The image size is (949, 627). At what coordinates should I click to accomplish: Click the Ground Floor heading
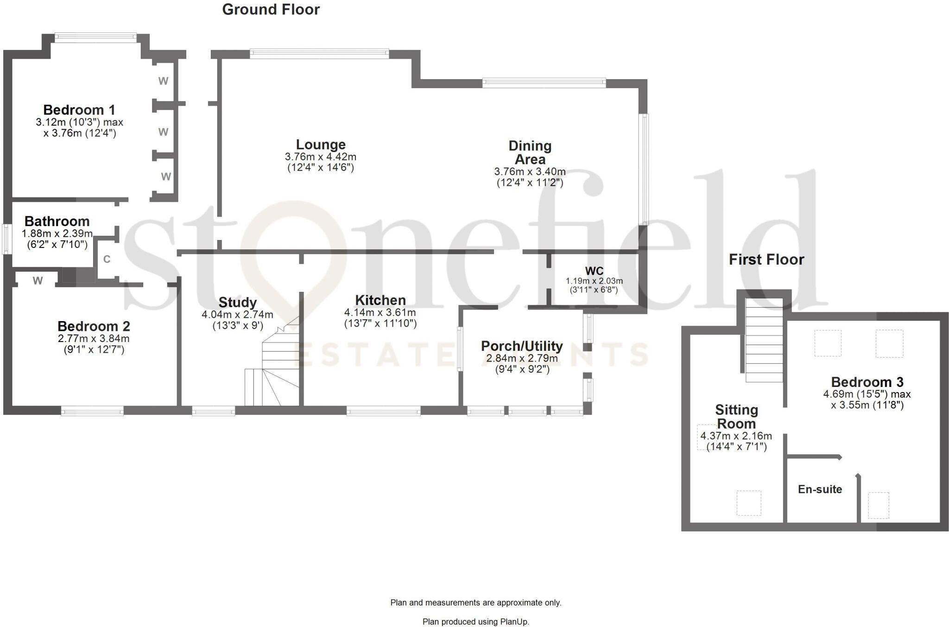pyautogui.click(x=271, y=10)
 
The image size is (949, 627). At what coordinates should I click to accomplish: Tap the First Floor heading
pyautogui.click(x=766, y=260)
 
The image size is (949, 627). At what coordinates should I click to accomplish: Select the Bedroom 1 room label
pyautogui.click(x=79, y=110)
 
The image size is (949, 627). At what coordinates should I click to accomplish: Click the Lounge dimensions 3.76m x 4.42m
pyautogui.click(x=321, y=157)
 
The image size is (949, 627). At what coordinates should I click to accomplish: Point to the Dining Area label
pyautogui.click(x=530, y=152)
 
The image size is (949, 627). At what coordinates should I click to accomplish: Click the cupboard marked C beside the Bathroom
pyautogui.click(x=107, y=259)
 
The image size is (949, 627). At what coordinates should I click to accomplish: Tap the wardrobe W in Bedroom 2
pyautogui.click(x=38, y=280)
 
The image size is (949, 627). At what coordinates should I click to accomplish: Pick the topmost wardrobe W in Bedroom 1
pyautogui.click(x=163, y=81)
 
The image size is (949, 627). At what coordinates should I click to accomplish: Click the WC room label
pyautogui.click(x=594, y=271)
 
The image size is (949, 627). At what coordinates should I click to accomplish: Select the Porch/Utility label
pyautogui.click(x=522, y=346)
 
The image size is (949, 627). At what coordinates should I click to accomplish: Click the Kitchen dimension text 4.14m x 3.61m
pyautogui.click(x=380, y=312)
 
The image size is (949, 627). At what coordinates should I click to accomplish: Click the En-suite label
pyautogui.click(x=820, y=489)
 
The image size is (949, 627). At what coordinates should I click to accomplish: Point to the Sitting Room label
pyautogui.click(x=736, y=417)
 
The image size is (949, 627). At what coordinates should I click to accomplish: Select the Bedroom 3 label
pyautogui.click(x=867, y=382)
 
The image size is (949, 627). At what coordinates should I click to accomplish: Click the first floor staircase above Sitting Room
pyautogui.click(x=764, y=341)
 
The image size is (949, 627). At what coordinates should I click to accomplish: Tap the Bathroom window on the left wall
pyautogui.click(x=6, y=239)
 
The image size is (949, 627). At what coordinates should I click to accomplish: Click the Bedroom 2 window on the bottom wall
pyautogui.click(x=92, y=411)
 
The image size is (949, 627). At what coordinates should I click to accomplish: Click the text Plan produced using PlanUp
pyautogui.click(x=475, y=621)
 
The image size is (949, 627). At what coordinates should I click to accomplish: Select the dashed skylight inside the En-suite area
pyautogui.click(x=878, y=505)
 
